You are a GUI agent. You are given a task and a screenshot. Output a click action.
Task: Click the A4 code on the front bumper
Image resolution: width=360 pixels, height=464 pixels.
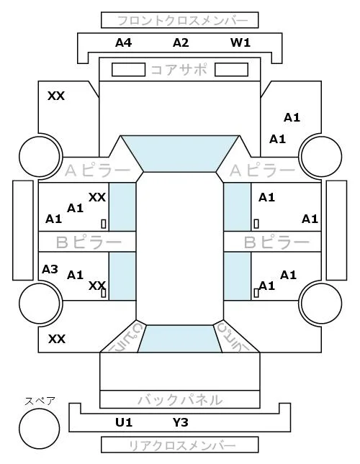123,43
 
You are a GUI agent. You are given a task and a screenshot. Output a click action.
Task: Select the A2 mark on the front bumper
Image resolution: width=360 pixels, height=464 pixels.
181,43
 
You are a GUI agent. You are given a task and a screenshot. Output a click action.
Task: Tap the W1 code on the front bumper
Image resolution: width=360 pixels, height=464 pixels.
240,43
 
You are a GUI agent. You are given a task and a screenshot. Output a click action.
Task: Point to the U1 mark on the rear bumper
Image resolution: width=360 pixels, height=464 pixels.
124,422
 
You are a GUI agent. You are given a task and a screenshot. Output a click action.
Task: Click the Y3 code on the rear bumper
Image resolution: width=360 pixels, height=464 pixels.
180,422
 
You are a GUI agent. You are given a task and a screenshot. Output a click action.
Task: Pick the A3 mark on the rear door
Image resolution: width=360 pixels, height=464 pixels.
50,269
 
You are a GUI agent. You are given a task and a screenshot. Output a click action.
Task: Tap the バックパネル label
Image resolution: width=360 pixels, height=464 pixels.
180,400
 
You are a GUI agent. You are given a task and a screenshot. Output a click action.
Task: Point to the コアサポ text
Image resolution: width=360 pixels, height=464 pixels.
179,70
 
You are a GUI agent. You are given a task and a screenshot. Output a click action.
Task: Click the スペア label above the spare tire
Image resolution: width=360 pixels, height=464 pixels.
40,401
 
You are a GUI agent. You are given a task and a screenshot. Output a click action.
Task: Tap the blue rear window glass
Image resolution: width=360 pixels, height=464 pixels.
180,339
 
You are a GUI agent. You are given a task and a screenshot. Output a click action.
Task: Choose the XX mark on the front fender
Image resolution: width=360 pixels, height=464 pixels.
56,96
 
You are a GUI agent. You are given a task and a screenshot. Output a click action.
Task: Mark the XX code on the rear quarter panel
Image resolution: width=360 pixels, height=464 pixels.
57,339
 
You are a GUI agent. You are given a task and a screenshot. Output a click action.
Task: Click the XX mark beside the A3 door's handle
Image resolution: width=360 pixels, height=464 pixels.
97,286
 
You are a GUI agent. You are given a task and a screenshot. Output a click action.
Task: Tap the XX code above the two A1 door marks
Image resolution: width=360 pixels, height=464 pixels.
97,197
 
